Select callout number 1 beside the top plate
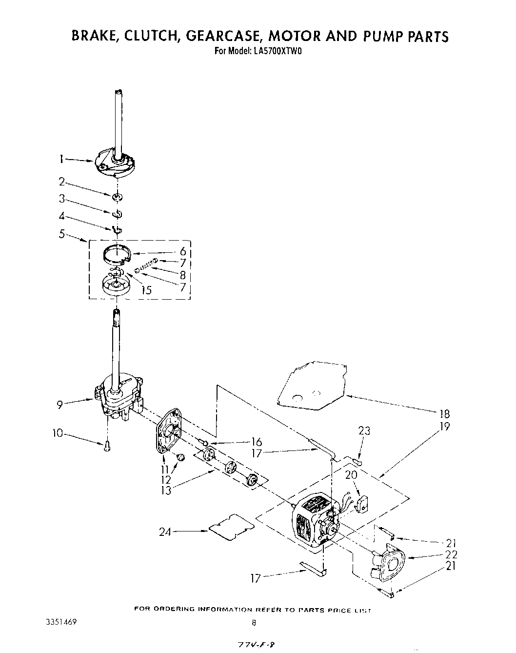pyautogui.click(x=62, y=158)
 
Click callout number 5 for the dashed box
pyautogui.click(x=62, y=233)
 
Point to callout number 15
pyautogui.click(x=146, y=290)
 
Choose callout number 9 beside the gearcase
pyautogui.click(x=60, y=404)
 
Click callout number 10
pyautogui.click(x=58, y=432)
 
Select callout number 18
pyautogui.click(x=444, y=413)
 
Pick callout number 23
pyautogui.click(x=364, y=430)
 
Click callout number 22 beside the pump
pyautogui.click(x=451, y=555)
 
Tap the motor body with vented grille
pyautogui.click(x=311, y=518)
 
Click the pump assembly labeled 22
pyautogui.click(x=390, y=566)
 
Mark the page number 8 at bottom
pyautogui.click(x=254, y=623)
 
